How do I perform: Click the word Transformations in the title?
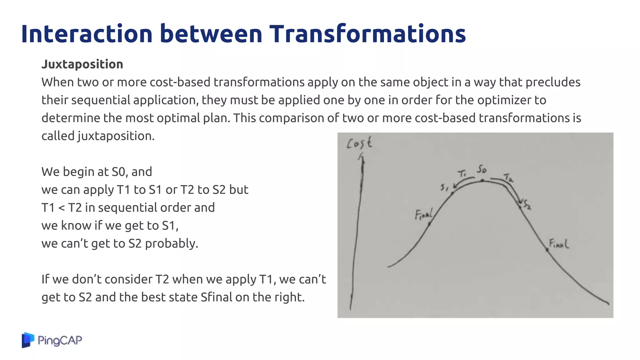tap(367, 34)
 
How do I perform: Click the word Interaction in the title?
tap(87, 34)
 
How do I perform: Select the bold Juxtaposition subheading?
tap(82, 64)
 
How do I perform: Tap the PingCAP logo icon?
tap(28, 340)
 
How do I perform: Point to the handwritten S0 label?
tap(482, 169)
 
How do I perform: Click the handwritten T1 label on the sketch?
tap(462, 173)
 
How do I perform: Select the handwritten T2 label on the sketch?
tap(508, 177)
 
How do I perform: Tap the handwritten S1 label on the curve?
tap(444, 187)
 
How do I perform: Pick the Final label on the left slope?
tap(423, 215)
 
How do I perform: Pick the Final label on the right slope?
tap(559, 244)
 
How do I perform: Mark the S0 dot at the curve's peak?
tap(482, 181)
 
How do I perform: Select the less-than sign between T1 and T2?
tap(62, 207)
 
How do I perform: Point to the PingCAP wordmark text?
tap(60, 340)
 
